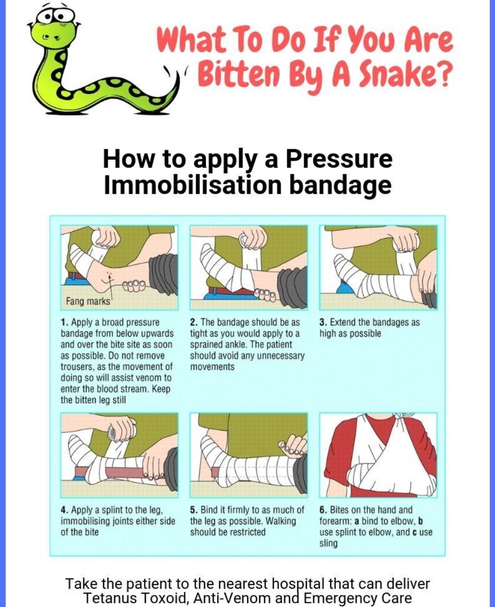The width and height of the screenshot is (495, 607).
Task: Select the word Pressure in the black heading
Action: [339, 160]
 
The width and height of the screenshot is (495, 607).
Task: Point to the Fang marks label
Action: [88, 301]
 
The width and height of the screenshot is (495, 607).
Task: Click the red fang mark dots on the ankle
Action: [109, 273]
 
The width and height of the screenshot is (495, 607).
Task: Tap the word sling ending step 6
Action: [328, 544]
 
